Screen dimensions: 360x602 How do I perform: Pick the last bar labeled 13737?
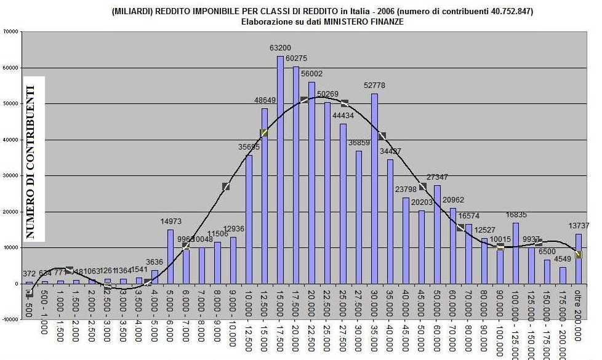click(x=579, y=258)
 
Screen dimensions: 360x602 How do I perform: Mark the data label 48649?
click(x=266, y=100)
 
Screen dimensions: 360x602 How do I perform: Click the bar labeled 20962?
click(x=453, y=246)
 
